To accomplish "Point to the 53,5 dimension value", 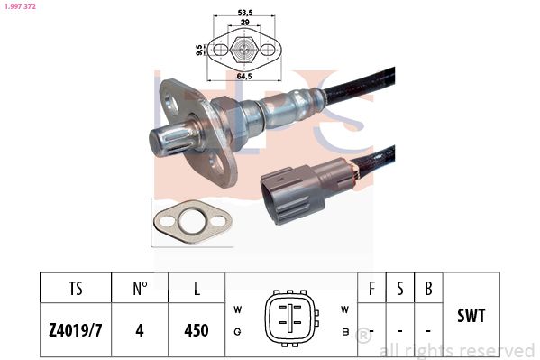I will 243,13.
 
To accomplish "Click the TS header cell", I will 75,289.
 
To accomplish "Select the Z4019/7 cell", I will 75,329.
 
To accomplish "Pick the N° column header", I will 140,289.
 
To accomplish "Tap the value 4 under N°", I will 140,329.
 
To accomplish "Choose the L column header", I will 197,289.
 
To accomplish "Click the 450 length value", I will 197,329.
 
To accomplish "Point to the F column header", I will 371,289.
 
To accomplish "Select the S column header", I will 400,289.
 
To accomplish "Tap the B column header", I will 428,289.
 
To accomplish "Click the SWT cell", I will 472,316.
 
